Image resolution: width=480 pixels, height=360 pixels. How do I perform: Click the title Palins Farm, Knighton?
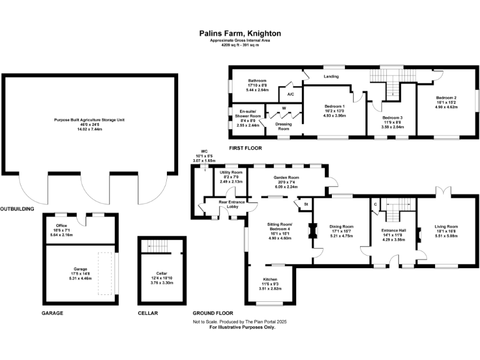click(240, 33)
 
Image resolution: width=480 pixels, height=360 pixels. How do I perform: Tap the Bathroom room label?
click(257, 81)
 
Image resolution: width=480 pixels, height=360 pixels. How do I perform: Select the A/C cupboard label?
click(291, 94)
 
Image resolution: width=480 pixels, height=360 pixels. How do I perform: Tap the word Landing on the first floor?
click(331, 77)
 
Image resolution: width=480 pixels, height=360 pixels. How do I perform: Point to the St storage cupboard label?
click(306, 204)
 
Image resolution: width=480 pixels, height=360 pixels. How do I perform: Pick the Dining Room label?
click(342, 226)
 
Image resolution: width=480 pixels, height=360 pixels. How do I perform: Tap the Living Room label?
click(447, 226)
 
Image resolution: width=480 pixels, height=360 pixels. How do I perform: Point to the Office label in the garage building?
click(61, 226)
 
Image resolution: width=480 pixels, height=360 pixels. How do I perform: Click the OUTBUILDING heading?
click(17, 209)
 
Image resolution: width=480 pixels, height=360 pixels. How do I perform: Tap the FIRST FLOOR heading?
click(245, 148)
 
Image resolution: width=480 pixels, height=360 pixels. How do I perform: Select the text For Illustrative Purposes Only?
click(242, 327)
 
